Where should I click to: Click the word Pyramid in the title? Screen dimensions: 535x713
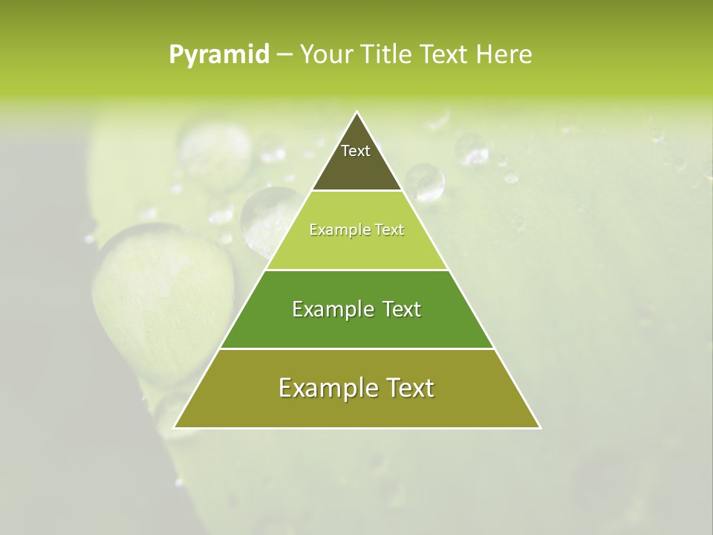219,55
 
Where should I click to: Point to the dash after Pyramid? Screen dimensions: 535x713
284,55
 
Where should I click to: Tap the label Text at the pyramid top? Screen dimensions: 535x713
356,151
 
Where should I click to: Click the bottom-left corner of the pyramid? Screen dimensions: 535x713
175,427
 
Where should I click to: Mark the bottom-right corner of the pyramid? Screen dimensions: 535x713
540,427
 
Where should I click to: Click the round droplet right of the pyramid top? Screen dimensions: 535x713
424,182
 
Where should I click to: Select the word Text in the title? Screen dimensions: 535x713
443,55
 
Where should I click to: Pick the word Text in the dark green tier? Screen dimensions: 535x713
396,309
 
